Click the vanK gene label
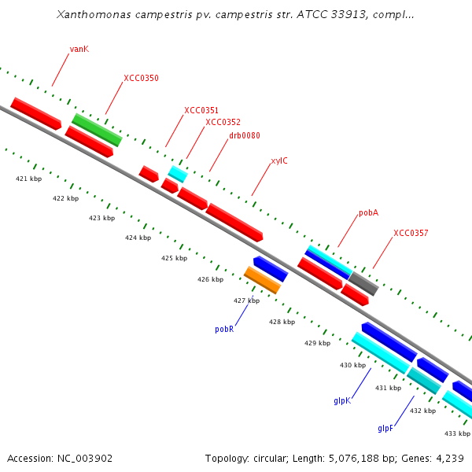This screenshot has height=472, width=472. pos(79,49)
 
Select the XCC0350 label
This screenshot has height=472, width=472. pos(141,78)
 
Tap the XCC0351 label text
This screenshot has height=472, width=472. pos(201,110)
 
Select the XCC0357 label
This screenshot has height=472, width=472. pos(411,233)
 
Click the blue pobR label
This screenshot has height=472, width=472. pos(224,330)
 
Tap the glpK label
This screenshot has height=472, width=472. pos(342,400)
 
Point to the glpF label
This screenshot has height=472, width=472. pos(385,428)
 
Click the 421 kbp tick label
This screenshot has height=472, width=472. pos(29,179)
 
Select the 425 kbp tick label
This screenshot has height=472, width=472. pos(174,258)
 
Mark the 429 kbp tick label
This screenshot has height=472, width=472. pos(318,343)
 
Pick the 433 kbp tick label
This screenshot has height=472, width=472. pos(457,433)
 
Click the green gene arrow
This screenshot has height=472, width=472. pos(97,129)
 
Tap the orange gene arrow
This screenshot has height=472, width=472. pos(262,279)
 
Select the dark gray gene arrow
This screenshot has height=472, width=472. pos(363,283)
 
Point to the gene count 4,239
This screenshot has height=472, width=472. pos(449,458)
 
